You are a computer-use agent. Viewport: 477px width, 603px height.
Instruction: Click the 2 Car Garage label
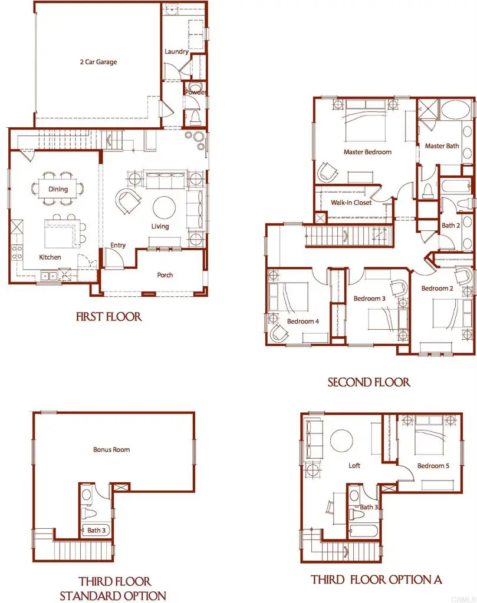click(98, 62)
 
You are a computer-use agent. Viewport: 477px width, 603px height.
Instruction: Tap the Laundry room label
click(176, 52)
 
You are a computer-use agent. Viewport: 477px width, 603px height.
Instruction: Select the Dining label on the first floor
click(58, 190)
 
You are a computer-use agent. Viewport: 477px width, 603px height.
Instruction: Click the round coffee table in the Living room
click(164, 207)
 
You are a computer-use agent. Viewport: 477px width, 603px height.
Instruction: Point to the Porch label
click(165, 275)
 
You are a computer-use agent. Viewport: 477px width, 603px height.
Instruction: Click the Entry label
click(118, 246)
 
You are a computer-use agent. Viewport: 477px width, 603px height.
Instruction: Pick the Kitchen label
click(50, 257)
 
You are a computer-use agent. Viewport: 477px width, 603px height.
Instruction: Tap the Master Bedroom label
click(367, 152)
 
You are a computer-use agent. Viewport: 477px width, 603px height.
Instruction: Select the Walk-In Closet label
click(351, 203)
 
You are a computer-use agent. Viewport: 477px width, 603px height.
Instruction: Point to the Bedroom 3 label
click(369, 299)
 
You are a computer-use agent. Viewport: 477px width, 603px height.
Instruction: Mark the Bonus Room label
click(111, 449)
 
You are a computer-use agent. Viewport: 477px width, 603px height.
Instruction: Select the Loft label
click(354, 466)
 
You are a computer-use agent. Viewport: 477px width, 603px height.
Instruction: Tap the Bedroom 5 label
click(433, 466)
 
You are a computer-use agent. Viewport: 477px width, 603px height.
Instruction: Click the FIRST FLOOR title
click(109, 317)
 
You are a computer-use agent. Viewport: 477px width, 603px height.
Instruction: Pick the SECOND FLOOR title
click(369, 383)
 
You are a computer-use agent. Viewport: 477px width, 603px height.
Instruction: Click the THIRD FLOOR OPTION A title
click(376, 580)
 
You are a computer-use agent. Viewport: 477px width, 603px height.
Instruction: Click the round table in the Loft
click(342, 440)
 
